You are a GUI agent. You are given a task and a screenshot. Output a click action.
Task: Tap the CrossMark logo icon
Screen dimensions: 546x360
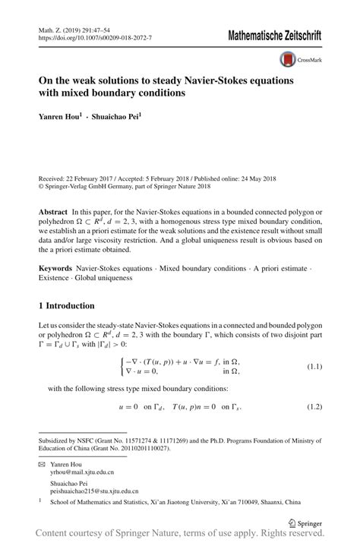click(288, 58)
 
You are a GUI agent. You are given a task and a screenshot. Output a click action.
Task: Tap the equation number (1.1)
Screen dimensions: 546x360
click(314, 368)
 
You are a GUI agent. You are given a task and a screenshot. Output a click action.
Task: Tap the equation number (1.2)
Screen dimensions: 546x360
click(314, 407)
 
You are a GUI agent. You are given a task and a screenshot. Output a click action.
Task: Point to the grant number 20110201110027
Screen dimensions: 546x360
click(142, 448)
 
